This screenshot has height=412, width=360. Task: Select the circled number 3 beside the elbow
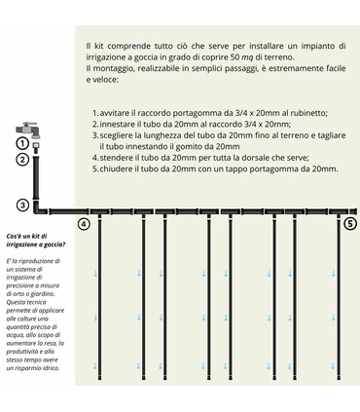21,205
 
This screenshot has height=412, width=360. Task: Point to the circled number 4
83,224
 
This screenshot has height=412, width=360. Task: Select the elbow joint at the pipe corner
39,209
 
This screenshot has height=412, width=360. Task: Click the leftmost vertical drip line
99,312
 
